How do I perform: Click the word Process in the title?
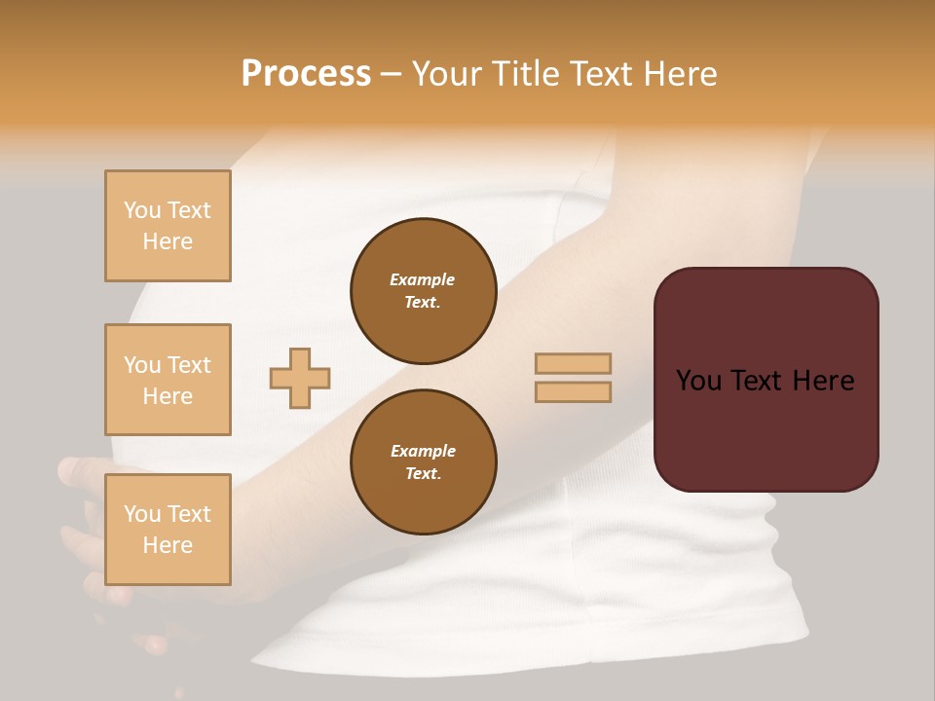tap(306, 74)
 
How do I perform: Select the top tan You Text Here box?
tap(168, 226)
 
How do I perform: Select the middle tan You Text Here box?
tap(168, 380)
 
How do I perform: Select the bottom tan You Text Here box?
tap(168, 529)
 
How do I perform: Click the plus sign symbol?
tap(300, 378)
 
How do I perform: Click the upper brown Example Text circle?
tap(424, 291)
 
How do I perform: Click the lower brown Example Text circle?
tap(424, 462)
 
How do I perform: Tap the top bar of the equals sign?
tap(573, 363)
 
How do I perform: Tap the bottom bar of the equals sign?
tap(573, 391)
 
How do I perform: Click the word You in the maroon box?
tap(698, 381)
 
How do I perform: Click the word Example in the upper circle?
tap(423, 279)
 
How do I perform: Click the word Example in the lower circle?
tap(423, 451)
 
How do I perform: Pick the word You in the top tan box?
tap(142, 210)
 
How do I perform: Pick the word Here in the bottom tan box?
tap(168, 545)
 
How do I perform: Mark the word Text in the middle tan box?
tap(188, 365)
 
